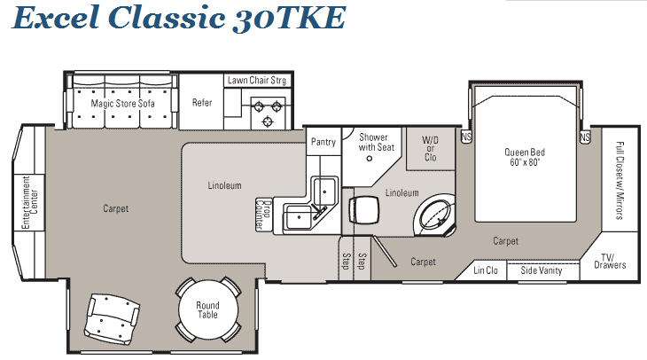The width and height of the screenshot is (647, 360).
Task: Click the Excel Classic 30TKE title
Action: pyautogui.click(x=179, y=18)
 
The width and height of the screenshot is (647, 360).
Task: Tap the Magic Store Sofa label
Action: pyautogui.click(x=122, y=103)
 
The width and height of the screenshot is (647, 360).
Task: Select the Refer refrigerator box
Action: pyautogui.click(x=201, y=102)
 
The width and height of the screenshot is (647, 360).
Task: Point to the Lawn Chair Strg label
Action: pyautogui.click(x=257, y=80)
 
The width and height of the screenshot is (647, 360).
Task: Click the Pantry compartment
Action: pyautogui.click(x=323, y=142)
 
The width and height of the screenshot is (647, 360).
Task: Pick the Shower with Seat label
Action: pyautogui.click(x=376, y=142)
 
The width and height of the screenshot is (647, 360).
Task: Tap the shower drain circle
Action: pyautogui.click(x=370, y=158)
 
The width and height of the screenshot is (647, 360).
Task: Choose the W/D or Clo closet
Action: pyautogui.click(x=431, y=149)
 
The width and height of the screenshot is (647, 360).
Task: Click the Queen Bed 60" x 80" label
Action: pyautogui.click(x=525, y=157)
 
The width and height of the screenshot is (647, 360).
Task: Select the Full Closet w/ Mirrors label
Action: pyautogui.click(x=620, y=180)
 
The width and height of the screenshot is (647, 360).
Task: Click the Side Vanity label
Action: pyautogui.click(x=541, y=270)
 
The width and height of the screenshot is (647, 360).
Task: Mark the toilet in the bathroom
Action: pyautogui.click(x=363, y=210)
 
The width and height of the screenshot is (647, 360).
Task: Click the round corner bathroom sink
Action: pyautogui.click(x=434, y=215)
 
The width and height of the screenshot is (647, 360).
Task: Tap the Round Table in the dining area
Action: pyautogui.click(x=207, y=309)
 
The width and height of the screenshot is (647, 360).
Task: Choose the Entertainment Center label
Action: pyautogui.click(x=30, y=203)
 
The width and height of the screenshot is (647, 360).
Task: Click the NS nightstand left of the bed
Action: pyautogui.click(x=466, y=137)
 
